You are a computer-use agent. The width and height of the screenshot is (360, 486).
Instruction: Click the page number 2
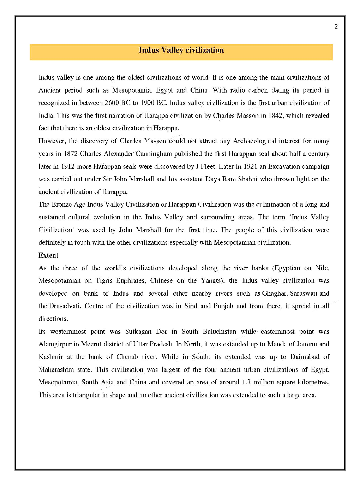(336, 26)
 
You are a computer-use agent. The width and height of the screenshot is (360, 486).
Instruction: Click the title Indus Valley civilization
(181, 50)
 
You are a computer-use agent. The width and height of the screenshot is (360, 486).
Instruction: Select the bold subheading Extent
(48, 255)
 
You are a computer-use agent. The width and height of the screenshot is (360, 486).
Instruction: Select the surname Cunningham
(153, 154)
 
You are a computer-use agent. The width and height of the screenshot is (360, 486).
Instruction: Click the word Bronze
(61, 205)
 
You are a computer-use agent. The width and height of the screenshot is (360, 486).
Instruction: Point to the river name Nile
(322, 268)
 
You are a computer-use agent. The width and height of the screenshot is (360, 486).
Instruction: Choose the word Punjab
(223, 306)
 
